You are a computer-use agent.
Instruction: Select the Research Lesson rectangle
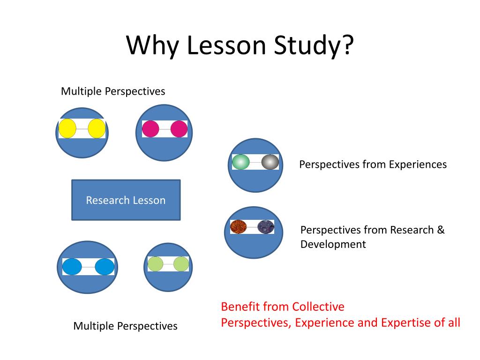pyautogui.click(x=126, y=200)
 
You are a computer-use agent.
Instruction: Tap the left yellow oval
pyautogui.click(x=67, y=128)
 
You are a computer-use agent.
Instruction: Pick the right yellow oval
pyautogui.click(x=97, y=128)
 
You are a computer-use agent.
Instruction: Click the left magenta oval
pyautogui.click(x=151, y=128)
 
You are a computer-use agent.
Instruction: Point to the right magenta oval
pyautogui.click(x=179, y=128)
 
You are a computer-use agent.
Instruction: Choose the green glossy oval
pyautogui.click(x=241, y=162)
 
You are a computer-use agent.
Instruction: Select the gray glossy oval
pyautogui.click(x=270, y=162)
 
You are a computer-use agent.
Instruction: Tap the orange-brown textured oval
pyautogui.click(x=239, y=227)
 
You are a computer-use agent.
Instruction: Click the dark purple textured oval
pyautogui.click(x=266, y=227)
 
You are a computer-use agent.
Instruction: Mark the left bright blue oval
pyautogui.click(x=72, y=267)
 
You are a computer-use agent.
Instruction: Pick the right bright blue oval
pyautogui.click(x=105, y=267)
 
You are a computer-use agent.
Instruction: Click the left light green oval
pyautogui.click(x=155, y=264)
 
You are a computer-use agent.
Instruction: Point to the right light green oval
pyautogui.click(x=181, y=264)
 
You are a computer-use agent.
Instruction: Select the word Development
pyautogui.click(x=333, y=244)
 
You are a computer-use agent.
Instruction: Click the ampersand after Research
pyautogui.click(x=441, y=230)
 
